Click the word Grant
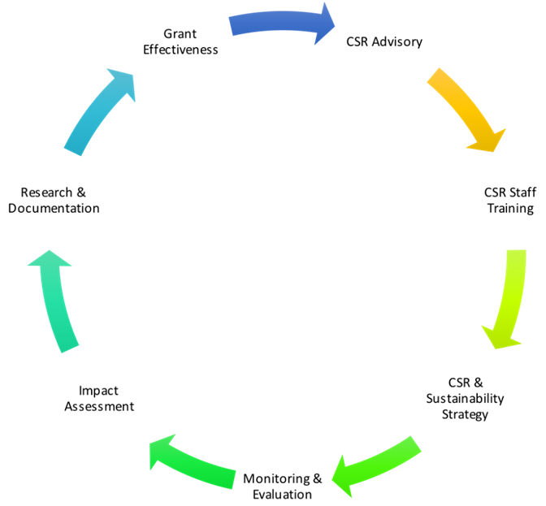click(180, 33)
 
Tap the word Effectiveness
click(180, 49)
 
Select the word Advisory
click(399, 41)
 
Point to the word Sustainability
click(465, 398)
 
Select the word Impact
click(98, 390)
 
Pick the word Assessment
click(99, 406)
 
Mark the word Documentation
click(54, 209)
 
